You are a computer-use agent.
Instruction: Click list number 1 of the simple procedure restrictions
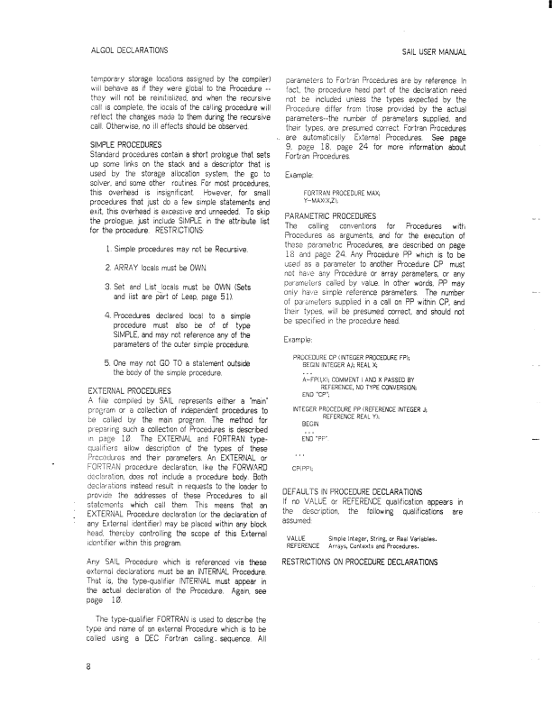[x=109, y=247]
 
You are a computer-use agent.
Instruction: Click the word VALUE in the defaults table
[x=297, y=538]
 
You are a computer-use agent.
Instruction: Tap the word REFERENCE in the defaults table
[x=303, y=546]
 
